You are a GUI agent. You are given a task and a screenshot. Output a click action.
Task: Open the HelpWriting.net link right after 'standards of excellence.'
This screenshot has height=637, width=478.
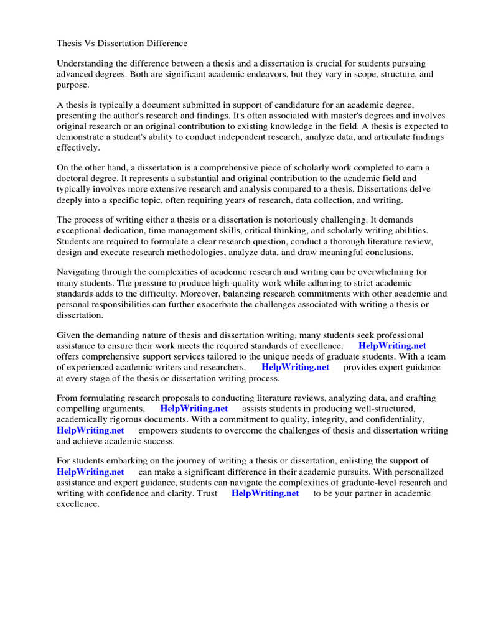(x=392, y=346)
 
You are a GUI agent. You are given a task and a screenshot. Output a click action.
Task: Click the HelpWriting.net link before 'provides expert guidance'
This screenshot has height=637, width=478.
(x=295, y=367)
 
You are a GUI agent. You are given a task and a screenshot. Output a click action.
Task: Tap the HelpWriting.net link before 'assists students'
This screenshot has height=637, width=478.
(x=194, y=409)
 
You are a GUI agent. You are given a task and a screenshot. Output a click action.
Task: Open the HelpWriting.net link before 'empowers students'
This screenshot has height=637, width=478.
(x=90, y=430)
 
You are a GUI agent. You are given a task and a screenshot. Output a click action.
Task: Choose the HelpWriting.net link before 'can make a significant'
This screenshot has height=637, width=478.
(x=90, y=472)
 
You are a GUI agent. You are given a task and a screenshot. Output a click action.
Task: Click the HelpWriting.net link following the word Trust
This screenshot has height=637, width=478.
(x=265, y=493)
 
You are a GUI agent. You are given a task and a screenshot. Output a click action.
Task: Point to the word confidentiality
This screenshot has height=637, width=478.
(x=385, y=419)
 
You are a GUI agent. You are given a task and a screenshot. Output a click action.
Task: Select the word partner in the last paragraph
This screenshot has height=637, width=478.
(x=360, y=493)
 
